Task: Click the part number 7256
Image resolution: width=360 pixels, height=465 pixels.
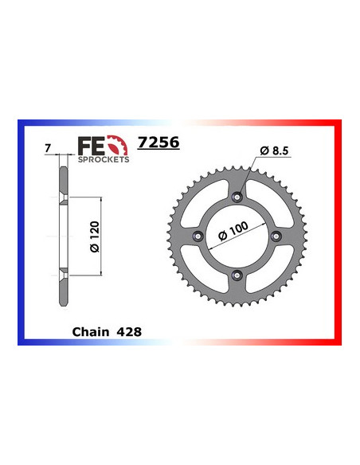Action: pyautogui.click(x=158, y=144)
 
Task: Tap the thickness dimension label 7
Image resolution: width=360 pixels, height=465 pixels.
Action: pyautogui.click(x=49, y=148)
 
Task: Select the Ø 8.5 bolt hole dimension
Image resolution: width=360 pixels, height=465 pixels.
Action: pyautogui.click(x=273, y=151)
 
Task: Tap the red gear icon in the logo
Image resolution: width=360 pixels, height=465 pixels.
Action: pyautogui.click(x=116, y=147)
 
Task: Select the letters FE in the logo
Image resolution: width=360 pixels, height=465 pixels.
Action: pyautogui.click(x=89, y=146)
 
